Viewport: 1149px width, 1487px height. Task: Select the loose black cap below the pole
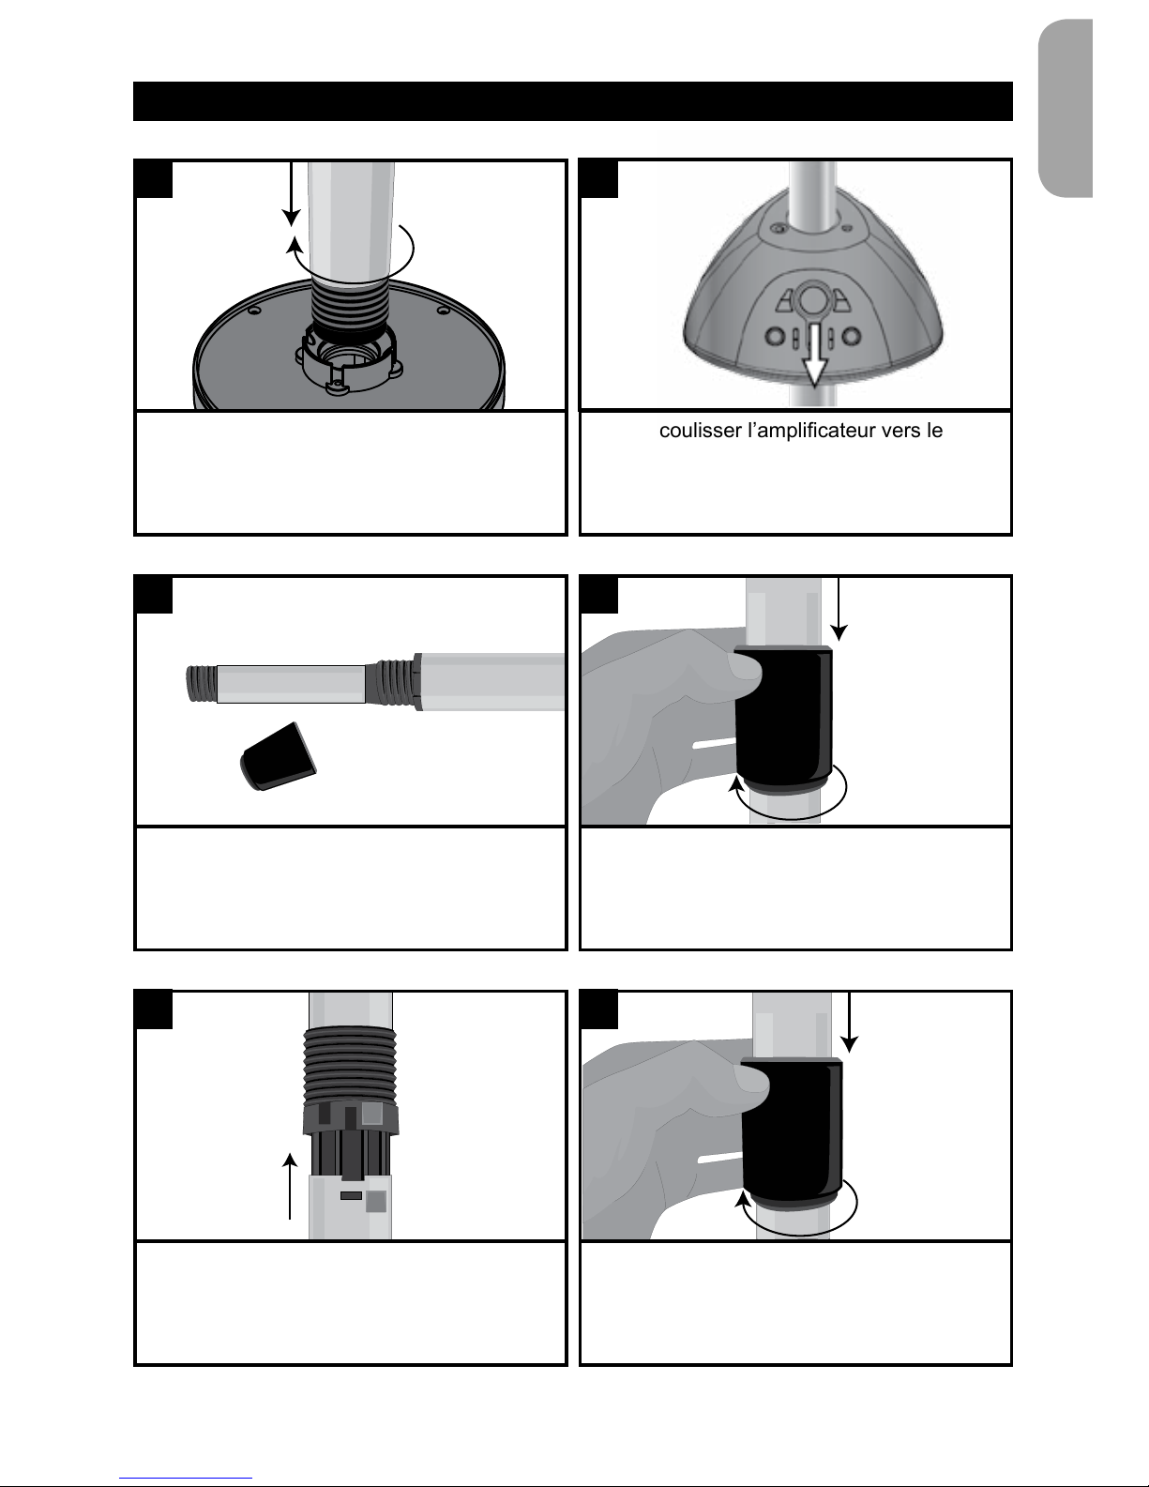(x=278, y=756)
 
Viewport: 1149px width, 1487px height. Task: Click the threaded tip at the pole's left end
(x=202, y=684)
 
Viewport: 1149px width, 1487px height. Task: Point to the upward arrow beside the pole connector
(x=290, y=1186)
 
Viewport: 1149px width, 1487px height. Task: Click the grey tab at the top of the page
(x=1065, y=108)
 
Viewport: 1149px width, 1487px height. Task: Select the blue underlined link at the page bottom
(x=186, y=1479)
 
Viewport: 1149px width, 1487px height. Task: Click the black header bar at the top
(x=572, y=101)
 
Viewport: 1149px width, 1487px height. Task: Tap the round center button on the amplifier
(x=812, y=299)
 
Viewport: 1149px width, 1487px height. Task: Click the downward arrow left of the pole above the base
(x=292, y=193)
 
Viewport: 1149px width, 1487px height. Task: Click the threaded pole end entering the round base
(x=350, y=307)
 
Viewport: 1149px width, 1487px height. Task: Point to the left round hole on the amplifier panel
(x=775, y=337)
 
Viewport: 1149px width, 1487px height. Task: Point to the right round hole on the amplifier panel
(x=851, y=337)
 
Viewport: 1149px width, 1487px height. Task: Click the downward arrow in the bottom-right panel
(x=849, y=1022)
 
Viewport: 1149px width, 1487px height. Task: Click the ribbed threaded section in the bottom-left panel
(x=350, y=1064)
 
